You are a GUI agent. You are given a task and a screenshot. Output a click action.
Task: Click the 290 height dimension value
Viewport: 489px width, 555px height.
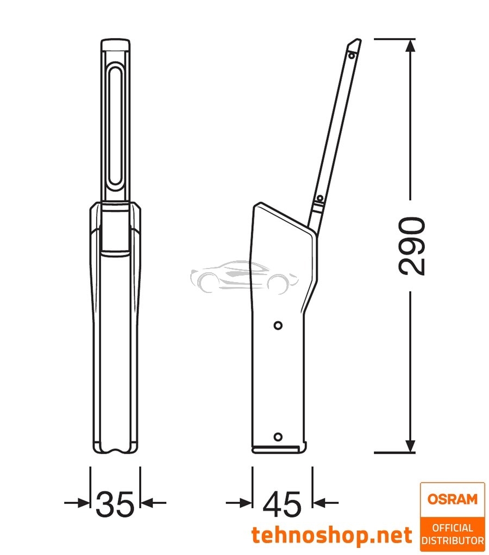(411, 246)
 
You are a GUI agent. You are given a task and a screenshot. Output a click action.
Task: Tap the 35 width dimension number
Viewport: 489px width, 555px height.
(115, 504)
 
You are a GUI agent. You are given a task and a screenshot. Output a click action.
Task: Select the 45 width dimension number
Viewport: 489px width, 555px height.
(281, 504)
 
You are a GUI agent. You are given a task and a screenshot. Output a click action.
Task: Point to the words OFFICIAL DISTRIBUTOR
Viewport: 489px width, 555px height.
(453, 534)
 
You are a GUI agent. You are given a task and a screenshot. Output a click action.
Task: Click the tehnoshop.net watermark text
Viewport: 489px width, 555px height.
(331, 535)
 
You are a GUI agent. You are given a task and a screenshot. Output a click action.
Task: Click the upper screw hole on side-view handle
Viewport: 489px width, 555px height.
(278, 325)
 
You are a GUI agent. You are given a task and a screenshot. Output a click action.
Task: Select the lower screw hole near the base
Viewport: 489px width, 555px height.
(278, 436)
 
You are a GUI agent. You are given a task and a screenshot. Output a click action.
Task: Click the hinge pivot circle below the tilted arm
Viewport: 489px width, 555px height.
(320, 197)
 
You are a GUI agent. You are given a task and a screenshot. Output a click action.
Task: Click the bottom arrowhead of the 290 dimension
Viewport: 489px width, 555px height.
(411, 446)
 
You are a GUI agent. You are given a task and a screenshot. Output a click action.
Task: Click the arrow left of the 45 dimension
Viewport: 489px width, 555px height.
(245, 503)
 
